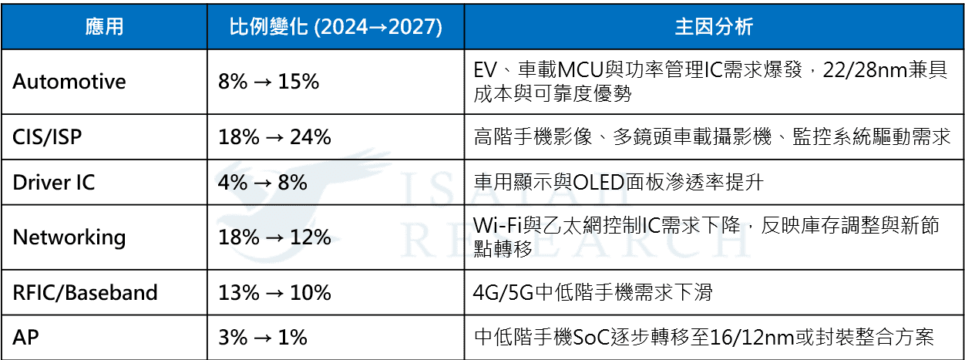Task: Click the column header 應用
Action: coord(104,27)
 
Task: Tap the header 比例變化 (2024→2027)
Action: coord(335,27)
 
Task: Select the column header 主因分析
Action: coord(714,27)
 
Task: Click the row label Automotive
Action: coord(69,82)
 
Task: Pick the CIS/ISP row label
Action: coord(47,137)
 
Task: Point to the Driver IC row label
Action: coord(53,182)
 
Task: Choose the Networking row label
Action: coord(69,237)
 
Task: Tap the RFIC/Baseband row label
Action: coord(85,292)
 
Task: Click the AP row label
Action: coord(25,337)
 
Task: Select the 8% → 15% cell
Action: coord(268,82)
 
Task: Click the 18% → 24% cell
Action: coord(274,137)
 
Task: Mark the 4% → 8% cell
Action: coord(262,182)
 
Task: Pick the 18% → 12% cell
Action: coord(274,237)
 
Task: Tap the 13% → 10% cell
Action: coord(274,292)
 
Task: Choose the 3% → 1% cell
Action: coord(262,337)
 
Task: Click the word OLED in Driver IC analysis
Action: coord(599,183)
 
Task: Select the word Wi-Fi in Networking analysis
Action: coord(498,225)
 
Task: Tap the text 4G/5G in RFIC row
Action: coord(503,293)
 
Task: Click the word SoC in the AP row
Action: coord(592,338)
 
